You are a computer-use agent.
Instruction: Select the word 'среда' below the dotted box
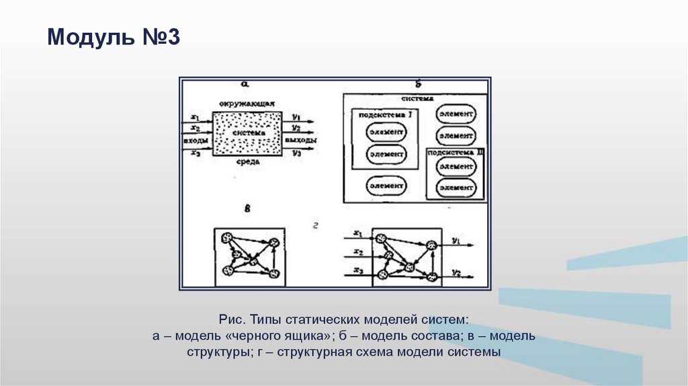245,163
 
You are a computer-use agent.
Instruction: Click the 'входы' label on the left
195,140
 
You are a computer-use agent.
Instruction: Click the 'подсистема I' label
386,115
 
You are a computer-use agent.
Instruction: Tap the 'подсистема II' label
457,153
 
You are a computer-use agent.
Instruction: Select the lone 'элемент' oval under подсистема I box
386,184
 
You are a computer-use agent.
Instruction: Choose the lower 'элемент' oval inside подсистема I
386,154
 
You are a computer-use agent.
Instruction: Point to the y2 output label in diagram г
456,272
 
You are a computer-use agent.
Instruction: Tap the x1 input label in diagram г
357,234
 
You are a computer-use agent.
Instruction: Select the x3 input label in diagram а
196,153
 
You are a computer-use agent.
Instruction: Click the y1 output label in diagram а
296,116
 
